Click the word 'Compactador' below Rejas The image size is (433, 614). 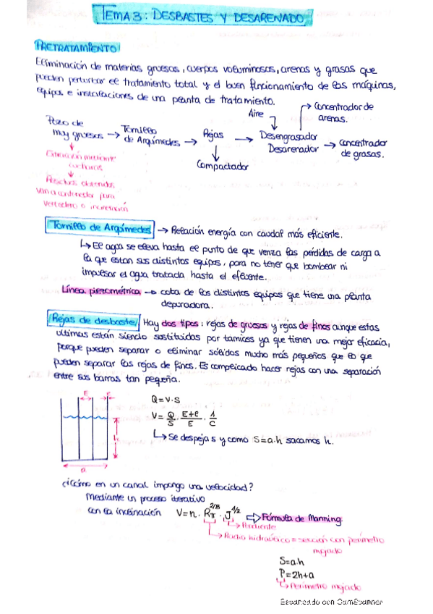pos(222,166)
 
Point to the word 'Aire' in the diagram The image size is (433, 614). pos(256,114)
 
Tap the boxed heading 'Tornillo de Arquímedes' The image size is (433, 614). pos(99,228)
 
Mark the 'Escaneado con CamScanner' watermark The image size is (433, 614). pos(332,602)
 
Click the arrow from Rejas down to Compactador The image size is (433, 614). pos(216,150)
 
